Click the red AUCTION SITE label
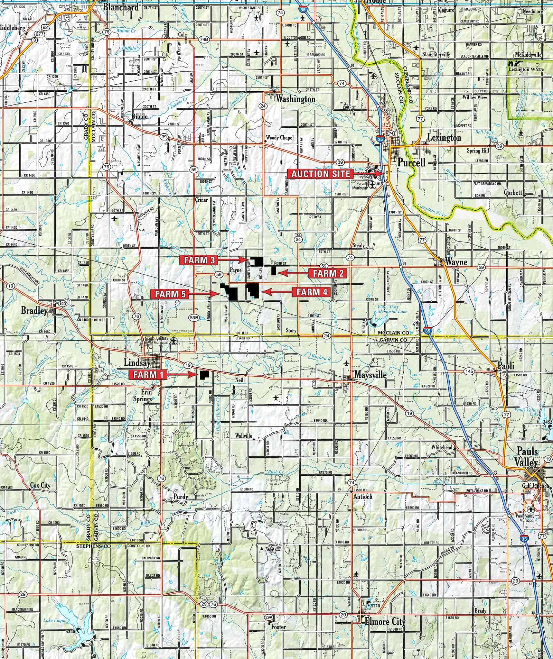(320, 174)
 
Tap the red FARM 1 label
(148, 374)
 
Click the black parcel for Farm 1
(203, 375)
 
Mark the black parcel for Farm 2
(273, 271)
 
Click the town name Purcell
(411, 162)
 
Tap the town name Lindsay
(137, 363)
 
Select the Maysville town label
(370, 374)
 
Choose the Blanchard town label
(121, 7)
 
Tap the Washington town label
(296, 99)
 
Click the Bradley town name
(34, 310)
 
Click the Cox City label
(40, 485)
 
